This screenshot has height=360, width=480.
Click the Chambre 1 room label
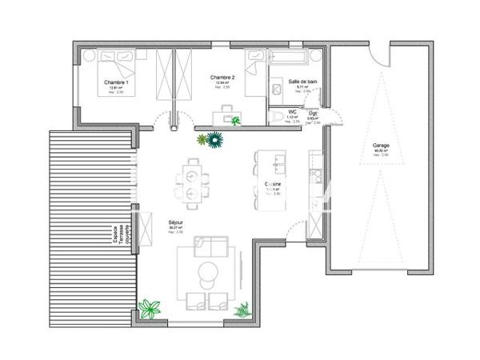[x=118, y=82]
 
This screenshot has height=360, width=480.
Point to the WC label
[x=294, y=112]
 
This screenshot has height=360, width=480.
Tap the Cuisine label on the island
[x=273, y=184]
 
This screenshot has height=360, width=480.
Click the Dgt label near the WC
[x=314, y=113]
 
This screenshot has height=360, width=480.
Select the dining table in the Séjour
[x=192, y=182]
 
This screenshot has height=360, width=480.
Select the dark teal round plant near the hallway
[x=214, y=141]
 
